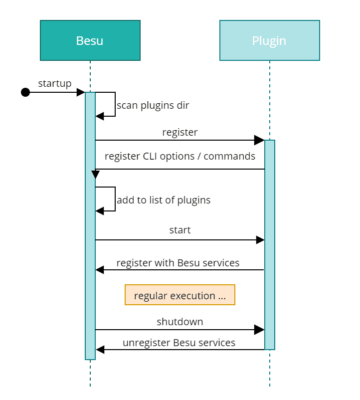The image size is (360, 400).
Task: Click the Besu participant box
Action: [90, 40]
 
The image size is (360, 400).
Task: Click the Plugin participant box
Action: [269, 40]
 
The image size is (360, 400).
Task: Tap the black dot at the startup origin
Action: [25, 92]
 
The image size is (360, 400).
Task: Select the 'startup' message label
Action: [55, 83]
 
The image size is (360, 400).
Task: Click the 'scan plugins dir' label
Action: [153, 105]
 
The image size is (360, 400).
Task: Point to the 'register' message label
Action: [180, 132]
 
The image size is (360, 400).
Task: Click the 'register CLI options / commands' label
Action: [180, 156]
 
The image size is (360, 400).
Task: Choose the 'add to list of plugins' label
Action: [164, 200]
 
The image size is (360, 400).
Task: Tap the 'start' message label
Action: [180, 230]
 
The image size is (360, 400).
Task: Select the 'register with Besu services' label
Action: [178, 262]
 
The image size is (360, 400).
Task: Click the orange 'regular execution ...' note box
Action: [180, 295]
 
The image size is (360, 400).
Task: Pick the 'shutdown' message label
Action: [180, 322]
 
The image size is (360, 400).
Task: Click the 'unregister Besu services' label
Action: [179, 343]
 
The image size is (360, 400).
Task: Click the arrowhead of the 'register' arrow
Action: [259, 140]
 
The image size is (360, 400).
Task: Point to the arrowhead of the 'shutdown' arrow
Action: [259, 330]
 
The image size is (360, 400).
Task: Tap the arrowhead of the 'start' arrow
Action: [260, 240]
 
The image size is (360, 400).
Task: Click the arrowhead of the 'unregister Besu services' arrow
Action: [100, 350]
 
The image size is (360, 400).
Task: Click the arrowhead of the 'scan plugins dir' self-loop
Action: [100, 116]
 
